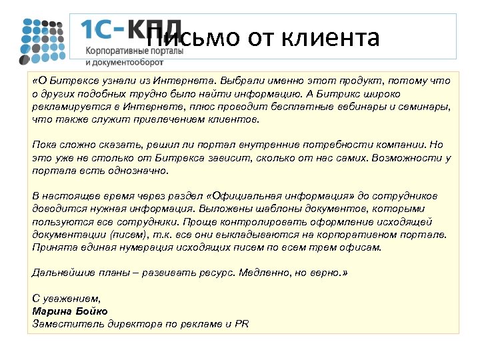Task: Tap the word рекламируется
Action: (65, 106)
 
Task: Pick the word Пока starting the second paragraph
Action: (43, 145)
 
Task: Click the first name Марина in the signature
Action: (51, 311)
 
